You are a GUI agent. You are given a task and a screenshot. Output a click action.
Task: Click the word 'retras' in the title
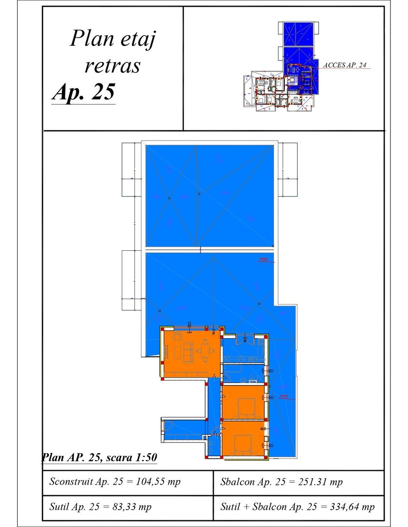tap(112, 65)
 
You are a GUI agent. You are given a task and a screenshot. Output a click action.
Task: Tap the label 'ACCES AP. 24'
tap(345, 64)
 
